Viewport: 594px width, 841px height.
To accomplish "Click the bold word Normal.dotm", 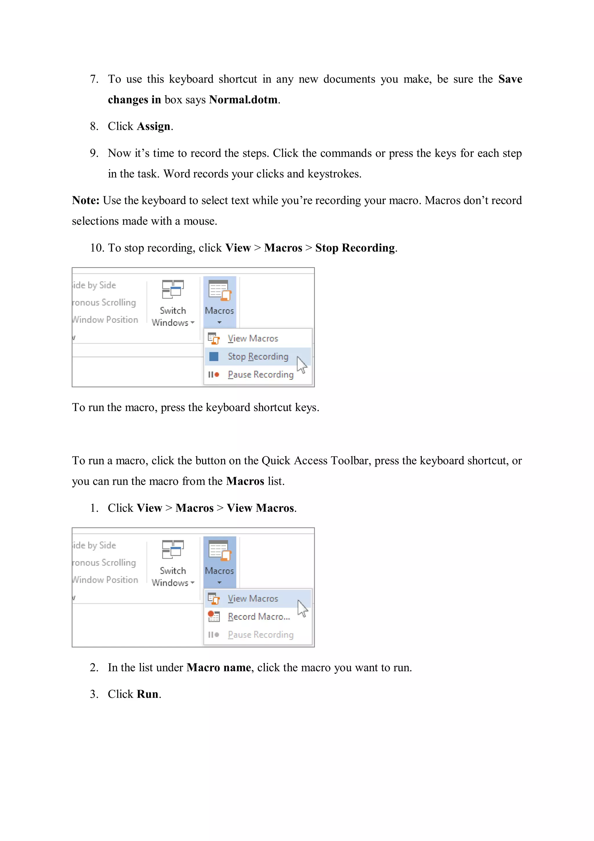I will pos(243,100).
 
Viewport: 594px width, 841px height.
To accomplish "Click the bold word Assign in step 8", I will pos(153,126).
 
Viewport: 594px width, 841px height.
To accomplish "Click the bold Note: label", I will pos(86,200).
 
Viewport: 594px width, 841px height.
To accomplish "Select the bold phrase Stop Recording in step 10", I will pos(355,248).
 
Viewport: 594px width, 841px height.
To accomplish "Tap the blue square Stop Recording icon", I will pos(214,356).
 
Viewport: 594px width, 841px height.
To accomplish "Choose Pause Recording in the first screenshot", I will pos(260,374).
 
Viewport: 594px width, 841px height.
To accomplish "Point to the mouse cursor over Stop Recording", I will pos(302,364).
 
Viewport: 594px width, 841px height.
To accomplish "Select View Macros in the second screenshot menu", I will pos(253,599).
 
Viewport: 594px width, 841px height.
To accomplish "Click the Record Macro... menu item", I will pos(258,617).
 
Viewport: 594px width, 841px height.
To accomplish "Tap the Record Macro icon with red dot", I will pos(214,617).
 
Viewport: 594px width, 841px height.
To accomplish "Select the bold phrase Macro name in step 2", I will pos(218,667).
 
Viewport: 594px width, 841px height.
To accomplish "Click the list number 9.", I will pos(94,153).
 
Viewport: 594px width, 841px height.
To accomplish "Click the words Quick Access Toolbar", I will pos(312,460).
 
